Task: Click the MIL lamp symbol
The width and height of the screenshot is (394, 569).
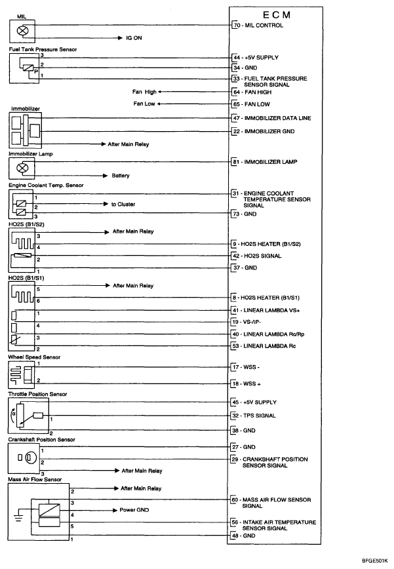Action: coord(21,30)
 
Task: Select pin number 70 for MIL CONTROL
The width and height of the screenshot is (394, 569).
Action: coord(236,26)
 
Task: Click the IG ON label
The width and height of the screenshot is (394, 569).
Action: coord(134,38)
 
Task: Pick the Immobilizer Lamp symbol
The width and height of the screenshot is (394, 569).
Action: coord(21,168)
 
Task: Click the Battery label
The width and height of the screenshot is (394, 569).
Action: coord(121,176)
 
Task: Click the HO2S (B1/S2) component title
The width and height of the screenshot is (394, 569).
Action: coord(26,225)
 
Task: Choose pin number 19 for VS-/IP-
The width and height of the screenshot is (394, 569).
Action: coord(236,322)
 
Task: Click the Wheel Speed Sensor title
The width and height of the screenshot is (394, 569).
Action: coord(33,357)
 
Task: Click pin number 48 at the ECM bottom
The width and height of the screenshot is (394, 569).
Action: coord(236,536)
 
